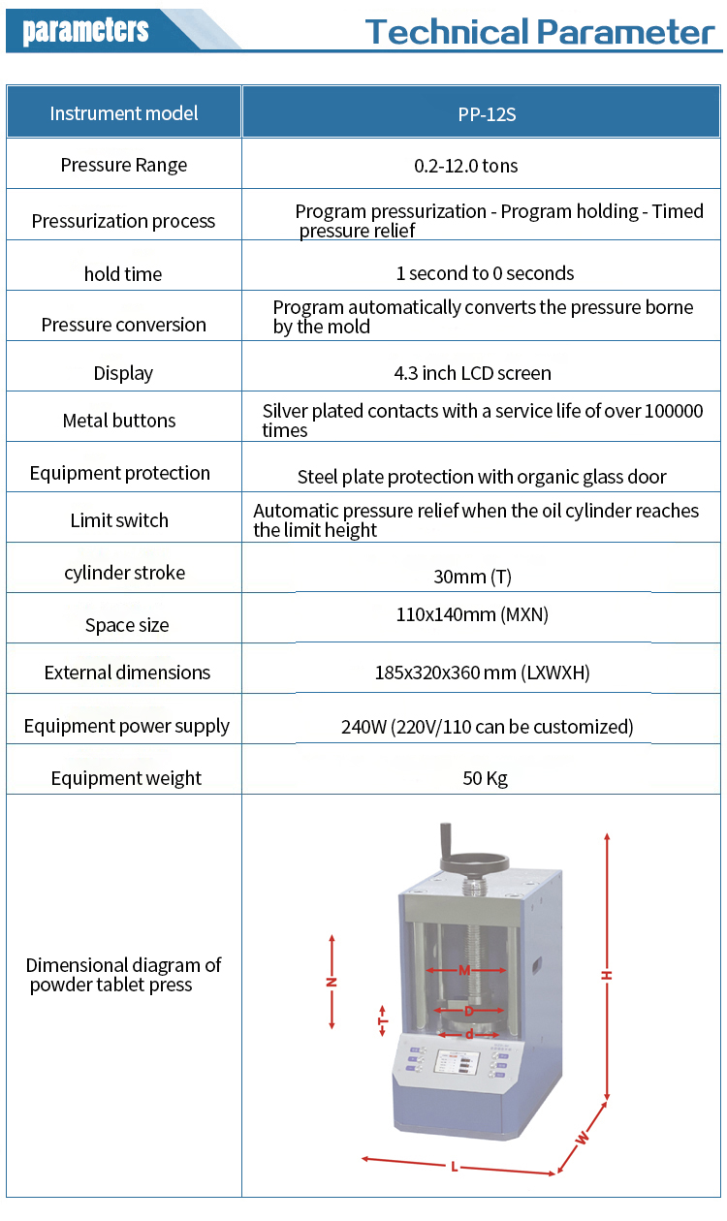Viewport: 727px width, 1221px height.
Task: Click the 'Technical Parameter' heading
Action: point(539,32)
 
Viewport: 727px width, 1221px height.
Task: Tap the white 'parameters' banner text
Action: point(85,29)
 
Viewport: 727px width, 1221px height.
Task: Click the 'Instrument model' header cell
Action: point(124,113)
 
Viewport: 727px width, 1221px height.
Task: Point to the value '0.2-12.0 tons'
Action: point(465,166)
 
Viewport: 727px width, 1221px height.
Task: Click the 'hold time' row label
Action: point(123,273)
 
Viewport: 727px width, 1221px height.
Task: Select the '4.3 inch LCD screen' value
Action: point(472,373)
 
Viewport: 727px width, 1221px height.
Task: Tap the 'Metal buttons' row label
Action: point(119,421)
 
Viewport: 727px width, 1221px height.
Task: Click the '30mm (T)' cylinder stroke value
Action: point(472,577)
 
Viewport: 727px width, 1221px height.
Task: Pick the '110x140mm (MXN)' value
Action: point(472,614)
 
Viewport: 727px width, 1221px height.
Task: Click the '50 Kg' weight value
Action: point(485,778)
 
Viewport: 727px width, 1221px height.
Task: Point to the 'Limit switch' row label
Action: point(119,520)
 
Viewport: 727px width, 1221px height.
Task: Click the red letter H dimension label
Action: point(607,975)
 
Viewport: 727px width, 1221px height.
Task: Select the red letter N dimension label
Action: point(332,983)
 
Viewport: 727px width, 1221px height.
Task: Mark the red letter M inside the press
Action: point(464,970)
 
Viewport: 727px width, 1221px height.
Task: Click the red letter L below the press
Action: point(454,1167)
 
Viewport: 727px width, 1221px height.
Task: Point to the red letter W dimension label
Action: point(583,1138)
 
